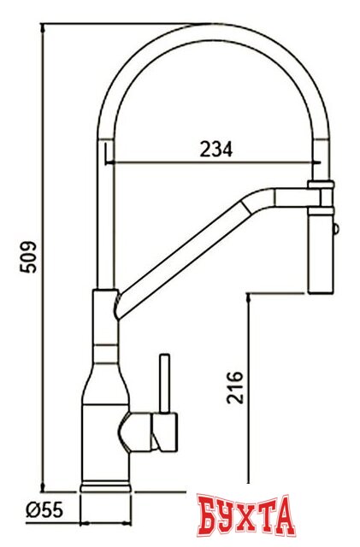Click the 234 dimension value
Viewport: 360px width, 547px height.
(x=216, y=149)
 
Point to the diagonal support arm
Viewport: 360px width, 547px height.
(x=188, y=248)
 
